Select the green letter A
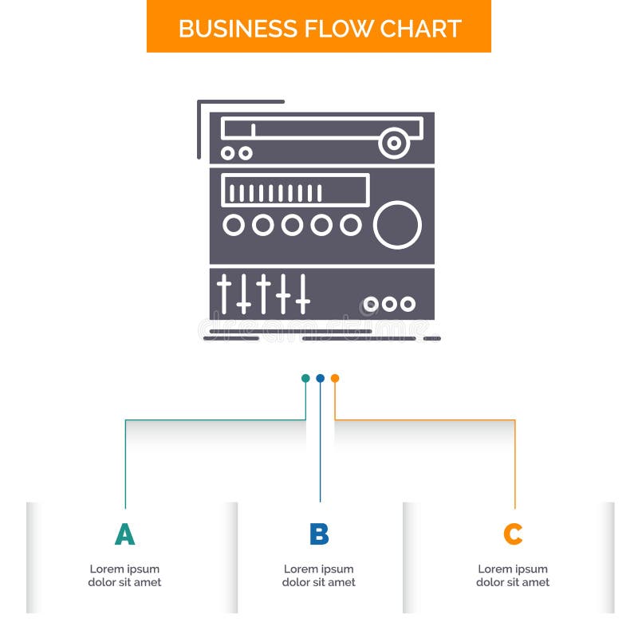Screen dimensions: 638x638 point(124,534)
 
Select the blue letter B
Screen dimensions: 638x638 point(319,534)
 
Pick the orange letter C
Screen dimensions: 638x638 point(513,534)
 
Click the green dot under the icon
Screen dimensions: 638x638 point(305,378)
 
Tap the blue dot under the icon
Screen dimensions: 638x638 point(320,378)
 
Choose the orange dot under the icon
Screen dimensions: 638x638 point(335,378)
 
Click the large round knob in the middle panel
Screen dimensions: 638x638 point(397,225)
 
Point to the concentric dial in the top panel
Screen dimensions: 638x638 point(394,144)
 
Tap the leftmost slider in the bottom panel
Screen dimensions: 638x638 point(225,293)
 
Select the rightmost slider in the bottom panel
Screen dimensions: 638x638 point(302,293)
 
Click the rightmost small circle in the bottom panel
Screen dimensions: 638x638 point(408,304)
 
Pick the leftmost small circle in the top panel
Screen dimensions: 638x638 point(229,152)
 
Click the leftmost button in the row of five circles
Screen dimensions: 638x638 point(234,226)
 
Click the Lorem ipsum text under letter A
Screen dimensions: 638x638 point(124,576)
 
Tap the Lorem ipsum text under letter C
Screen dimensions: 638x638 point(513,576)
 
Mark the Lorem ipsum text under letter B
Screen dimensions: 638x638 point(319,576)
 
